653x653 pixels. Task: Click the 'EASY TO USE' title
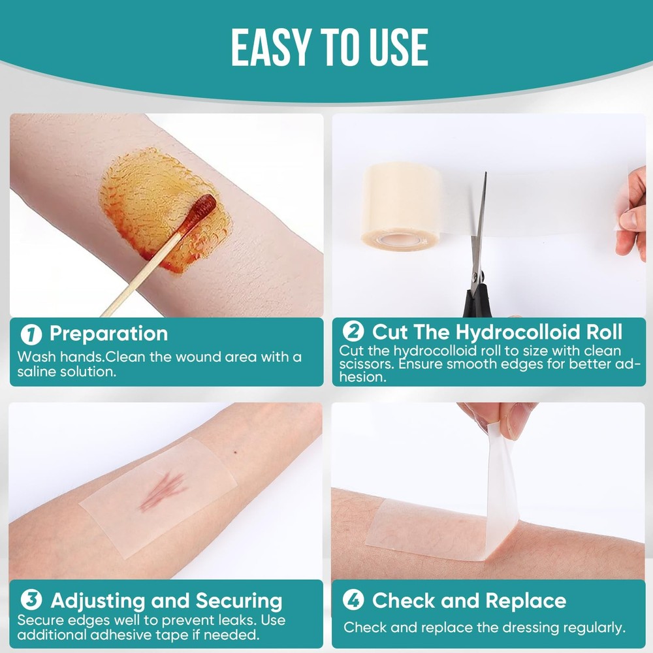tap(329, 47)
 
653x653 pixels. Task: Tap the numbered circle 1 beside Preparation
tap(31, 334)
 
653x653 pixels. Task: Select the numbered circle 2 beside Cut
tap(353, 332)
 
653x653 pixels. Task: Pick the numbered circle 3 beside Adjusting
tap(31, 600)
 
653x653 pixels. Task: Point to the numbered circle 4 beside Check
tap(353, 600)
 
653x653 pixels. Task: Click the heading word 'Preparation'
tap(108, 334)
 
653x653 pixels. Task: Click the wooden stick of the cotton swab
tap(144, 274)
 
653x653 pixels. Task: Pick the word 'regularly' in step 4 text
tap(591, 628)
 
